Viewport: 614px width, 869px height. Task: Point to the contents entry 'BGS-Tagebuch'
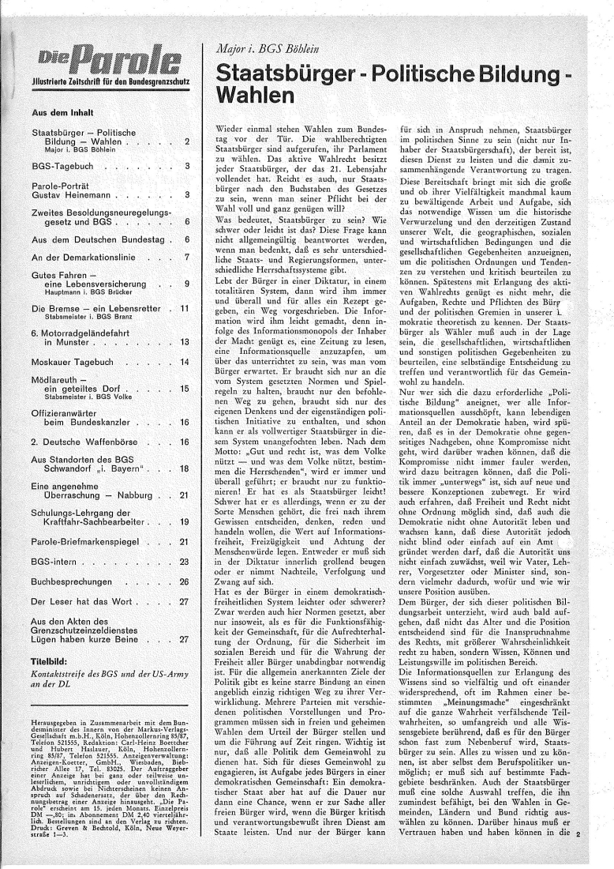(60, 167)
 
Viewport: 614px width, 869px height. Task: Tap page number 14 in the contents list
(185, 361)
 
